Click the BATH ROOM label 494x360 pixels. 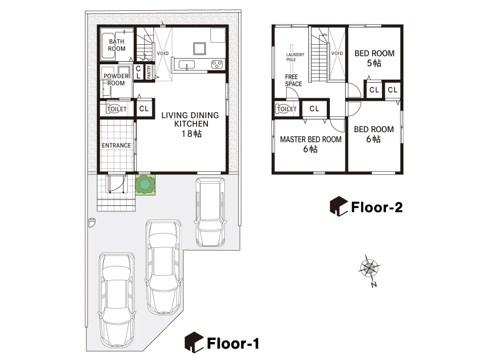pos(117,45)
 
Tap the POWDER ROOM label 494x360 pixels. pos(116,79)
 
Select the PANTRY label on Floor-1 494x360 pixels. pos(149,72)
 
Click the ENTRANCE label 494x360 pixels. pos(116,145)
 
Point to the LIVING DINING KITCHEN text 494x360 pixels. pos(190,120)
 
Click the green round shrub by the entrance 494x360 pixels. pos(145,185)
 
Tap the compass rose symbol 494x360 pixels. pos(369,268)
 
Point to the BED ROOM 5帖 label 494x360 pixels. pos(374,58)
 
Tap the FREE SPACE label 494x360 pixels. pos(293,80)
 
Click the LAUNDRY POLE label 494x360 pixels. pos(295,57)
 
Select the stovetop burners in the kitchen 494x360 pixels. pos(217,65)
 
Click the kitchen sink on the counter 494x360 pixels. pos(186,65)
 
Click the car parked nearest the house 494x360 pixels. pos(210,211)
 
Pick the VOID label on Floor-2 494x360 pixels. pos(337,53)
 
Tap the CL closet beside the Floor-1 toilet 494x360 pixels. pos(144,109)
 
